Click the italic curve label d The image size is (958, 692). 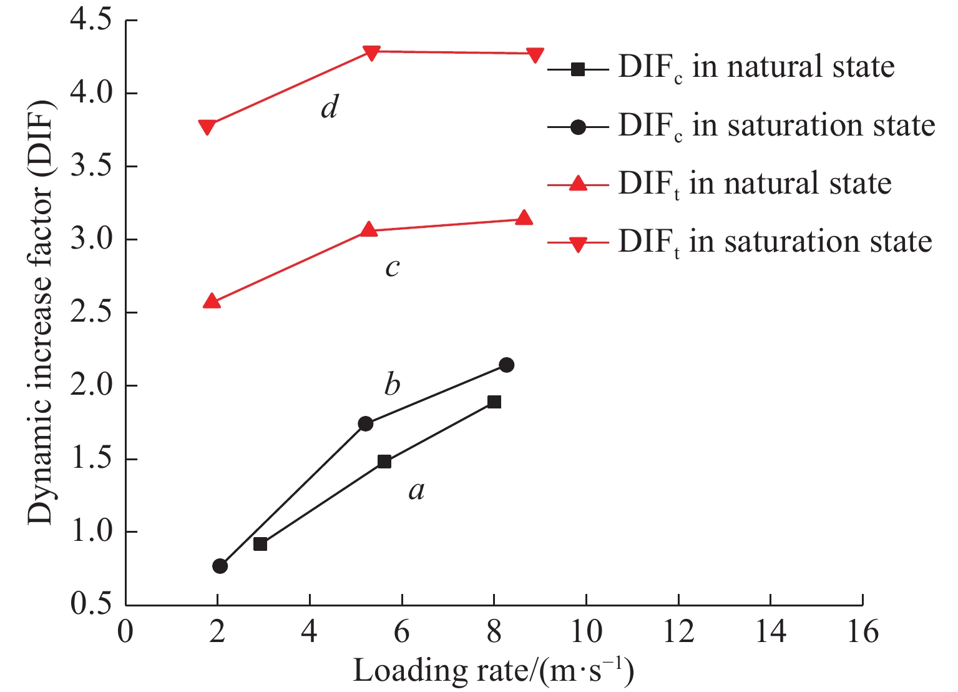(x=329, y=107)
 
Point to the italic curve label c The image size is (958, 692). (x=392, y=267)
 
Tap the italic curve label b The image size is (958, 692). (x=392, y=384)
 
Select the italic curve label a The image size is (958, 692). (x=416, y=491)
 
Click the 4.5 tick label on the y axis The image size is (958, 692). (x=91, y=21)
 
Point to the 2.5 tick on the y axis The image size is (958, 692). (x=91, y=313)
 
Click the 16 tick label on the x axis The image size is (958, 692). (x=863, y=632)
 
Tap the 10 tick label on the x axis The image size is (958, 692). (x=586, y=632)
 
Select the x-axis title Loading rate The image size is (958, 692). (x=493, y=671)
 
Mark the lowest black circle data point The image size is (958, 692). (x=220, y=566)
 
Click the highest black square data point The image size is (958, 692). (x=494, y=402)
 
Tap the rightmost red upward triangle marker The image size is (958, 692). (x=524, y=217)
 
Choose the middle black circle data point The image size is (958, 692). (x=366, y=423)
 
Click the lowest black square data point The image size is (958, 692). (x=260, y=544)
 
